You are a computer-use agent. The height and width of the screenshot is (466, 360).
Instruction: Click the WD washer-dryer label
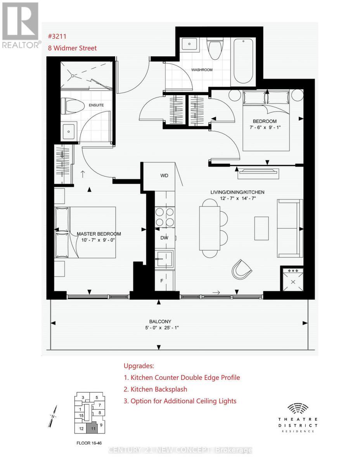click(164, 176)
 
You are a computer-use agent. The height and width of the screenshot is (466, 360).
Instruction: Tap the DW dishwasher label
click(164, 238)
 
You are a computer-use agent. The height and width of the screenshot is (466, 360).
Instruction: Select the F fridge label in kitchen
click(162, 280)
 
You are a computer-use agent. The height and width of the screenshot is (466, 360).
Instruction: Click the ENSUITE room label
click(97, 105)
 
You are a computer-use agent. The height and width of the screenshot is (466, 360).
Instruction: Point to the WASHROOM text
click(202, 70)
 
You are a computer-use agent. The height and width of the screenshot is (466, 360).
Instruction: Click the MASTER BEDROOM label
click(99, 234)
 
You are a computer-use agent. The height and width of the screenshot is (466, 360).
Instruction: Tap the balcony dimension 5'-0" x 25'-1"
click(160, 328)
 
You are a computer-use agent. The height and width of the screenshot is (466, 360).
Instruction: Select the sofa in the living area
click(290, 228)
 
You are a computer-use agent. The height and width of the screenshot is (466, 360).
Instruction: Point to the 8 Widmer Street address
click(72, 48)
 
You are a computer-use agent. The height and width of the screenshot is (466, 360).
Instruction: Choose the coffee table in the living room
click(261, 228)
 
